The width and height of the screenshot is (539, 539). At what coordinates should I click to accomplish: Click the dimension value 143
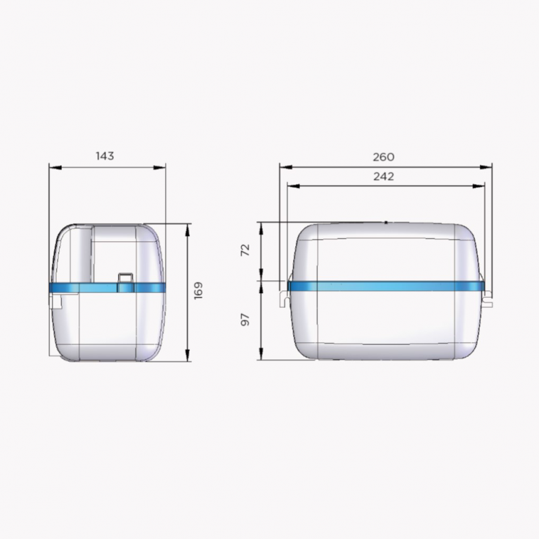105,156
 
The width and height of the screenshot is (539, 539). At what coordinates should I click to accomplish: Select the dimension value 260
383,157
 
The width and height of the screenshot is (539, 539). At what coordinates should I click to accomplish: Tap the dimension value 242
383,177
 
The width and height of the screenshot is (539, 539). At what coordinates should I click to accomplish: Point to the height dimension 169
198,291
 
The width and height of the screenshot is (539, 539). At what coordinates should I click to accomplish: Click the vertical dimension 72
245,250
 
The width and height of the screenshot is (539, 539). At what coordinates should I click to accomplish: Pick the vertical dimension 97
245,319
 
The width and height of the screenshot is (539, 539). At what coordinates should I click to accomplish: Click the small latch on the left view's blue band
125,282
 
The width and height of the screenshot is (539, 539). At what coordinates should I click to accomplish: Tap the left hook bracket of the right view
284,298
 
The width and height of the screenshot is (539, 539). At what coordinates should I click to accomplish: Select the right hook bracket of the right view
487,298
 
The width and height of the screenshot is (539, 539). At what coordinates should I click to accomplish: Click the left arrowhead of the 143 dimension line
55,167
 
